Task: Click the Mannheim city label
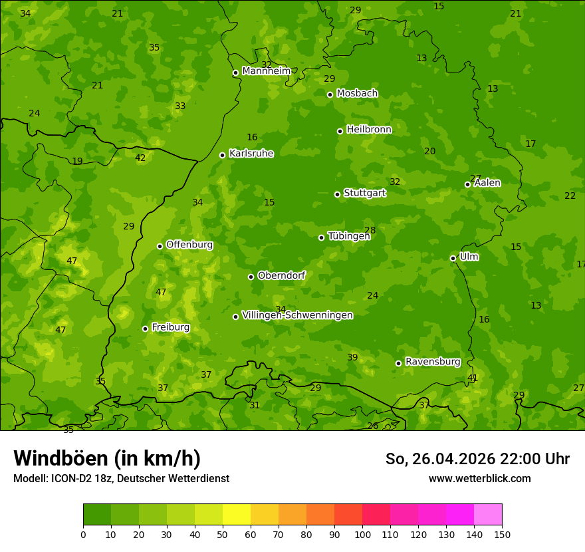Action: [x=266, y=71]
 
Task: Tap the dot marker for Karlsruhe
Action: [x=222, y=155]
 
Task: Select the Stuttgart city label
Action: [x=364, y=193]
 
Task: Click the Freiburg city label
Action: [x=170, y=327]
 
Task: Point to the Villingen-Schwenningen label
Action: [x=297, y=315]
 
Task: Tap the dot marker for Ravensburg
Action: [x=398, y=363]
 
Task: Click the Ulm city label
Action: [x=469, y=257]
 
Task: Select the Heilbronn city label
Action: [x=369, y=130]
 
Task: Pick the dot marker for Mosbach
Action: [x=330, y=94]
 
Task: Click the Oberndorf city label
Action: [x=281, y=275]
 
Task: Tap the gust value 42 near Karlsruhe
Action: [x=140, y=158]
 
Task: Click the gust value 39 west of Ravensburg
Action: [x=352, y=358]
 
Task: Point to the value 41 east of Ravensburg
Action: [x=473, y=378]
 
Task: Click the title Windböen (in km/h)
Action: [x=107, y=458]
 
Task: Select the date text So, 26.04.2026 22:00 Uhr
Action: [x=477, y=459]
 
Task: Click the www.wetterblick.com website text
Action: [x=479, y=479]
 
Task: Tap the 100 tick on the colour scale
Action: [x=362, y=534]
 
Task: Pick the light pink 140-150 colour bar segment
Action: [x=488, y=515]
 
